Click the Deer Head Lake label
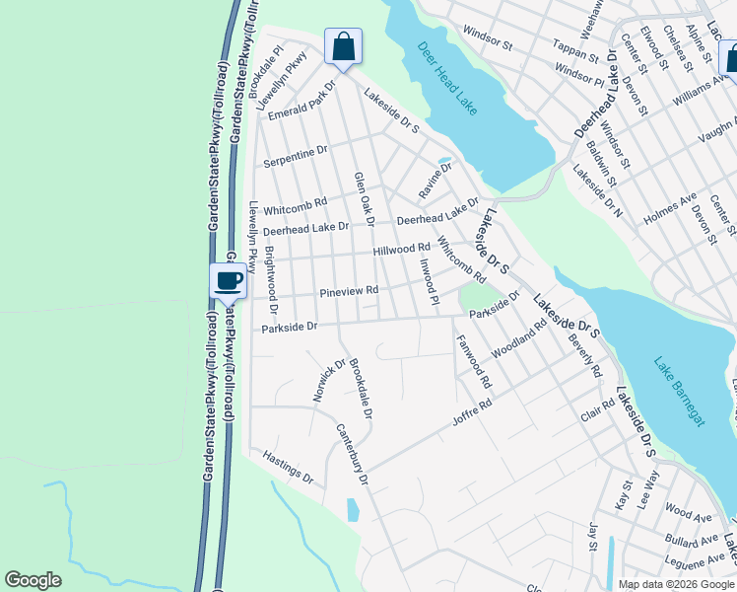pyautogui.click(x=448, y=79)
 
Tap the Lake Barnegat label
pyautogui.click(x=681, y=392)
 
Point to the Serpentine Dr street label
pyautogui.click(x=294, y=153)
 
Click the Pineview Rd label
pyautogui.click(x=349, y=292)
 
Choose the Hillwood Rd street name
pyautogui.click(x=402, y=250)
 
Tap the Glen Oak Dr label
pyautogui.click(x=365, y=198)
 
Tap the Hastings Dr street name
pyautogui.click(x=288, y=468)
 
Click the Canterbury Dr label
pyautogui.click(x=351, y=455)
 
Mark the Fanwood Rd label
pyautogui.click(x=474, y=361)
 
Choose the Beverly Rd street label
pyautogui.click(x=585, y=357)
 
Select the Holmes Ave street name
pyautogui.click(x=669, y=208)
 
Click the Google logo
pyautogui.click(x=33, y=580)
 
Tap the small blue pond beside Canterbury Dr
pyautogui.click(x=353, y=510)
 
